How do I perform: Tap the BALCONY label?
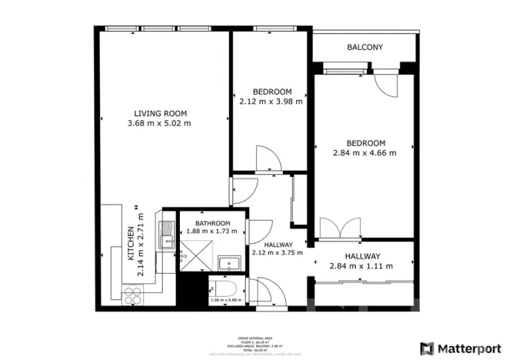pos(364,48)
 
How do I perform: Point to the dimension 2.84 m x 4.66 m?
pos(365,153)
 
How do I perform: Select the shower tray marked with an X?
pos(198,254)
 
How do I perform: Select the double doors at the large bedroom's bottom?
pos(339,228)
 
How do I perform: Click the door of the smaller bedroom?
pos(269,160)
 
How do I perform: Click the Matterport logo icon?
pos(426,348)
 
